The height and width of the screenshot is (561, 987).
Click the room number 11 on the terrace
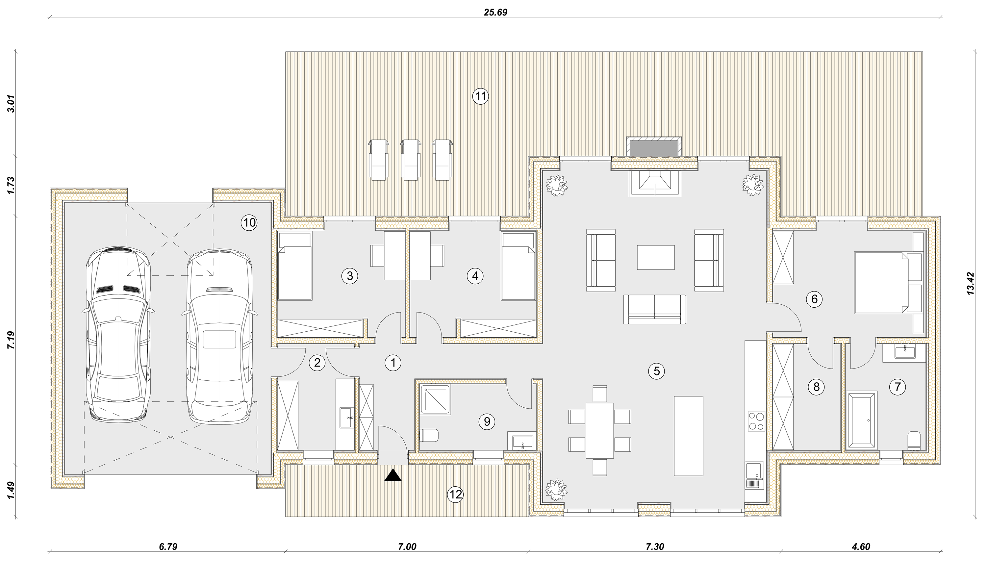[480, 96]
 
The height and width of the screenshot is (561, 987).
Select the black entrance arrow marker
[393, 475]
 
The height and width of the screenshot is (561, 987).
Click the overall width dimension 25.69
[496, 12]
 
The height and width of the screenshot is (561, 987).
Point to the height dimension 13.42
[971, 284]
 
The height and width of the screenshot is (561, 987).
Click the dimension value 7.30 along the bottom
[655, 547]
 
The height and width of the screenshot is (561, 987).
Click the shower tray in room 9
[435, 399]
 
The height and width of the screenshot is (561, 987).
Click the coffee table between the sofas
[656, 257]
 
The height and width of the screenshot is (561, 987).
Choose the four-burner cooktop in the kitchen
[757, 421]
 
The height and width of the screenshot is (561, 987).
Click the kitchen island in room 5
[689, 435]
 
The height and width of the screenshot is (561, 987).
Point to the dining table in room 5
[599, 430]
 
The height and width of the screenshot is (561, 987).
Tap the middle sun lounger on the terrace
[411, 160]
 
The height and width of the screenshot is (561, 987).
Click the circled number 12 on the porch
[456, 494]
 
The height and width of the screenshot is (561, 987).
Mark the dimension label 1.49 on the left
[11, 491]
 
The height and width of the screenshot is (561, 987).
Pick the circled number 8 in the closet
[816, 387]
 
